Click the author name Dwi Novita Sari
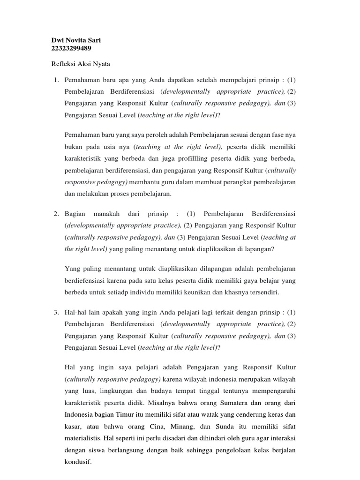(75, 40)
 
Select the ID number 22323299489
(70, 48)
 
